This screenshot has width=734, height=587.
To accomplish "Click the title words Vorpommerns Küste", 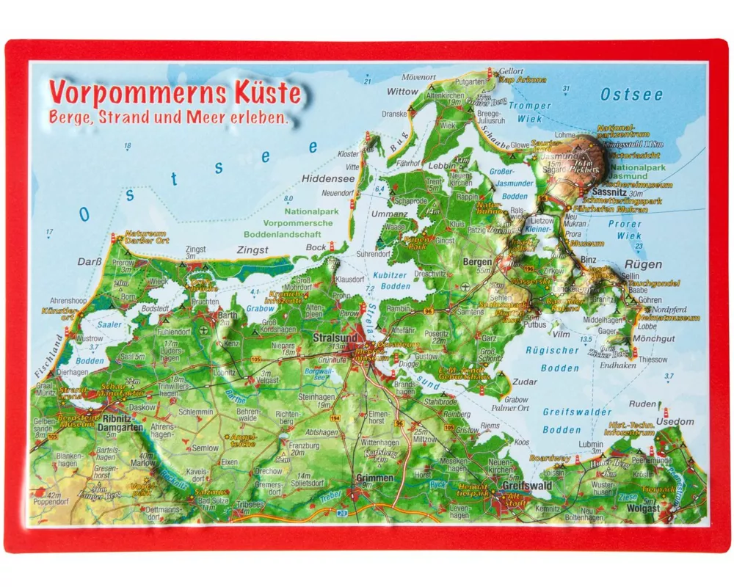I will [175, 93].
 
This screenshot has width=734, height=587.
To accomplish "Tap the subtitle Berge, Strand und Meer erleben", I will [169, 117].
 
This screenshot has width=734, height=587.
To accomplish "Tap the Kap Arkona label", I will [523, 80].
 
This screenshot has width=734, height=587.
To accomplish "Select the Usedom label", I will [675, 422].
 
